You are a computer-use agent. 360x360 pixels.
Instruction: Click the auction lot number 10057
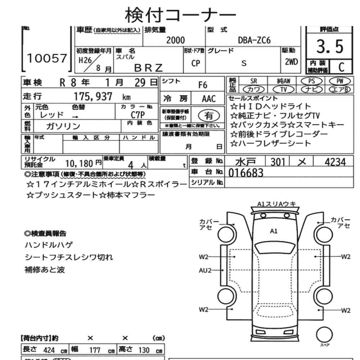(47, 59)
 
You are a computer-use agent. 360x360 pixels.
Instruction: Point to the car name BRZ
(148, 67)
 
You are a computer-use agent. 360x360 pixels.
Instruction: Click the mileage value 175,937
(93, 96)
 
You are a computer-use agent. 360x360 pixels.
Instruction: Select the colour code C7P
(138, 115)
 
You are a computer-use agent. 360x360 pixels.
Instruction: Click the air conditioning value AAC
(209, 99)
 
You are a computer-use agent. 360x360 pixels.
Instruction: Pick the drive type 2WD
(291, 62)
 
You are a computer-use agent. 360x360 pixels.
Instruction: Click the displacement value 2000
(175, 40)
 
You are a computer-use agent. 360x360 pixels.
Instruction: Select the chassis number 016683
(246, 173)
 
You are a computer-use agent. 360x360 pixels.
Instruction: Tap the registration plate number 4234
(335, 162)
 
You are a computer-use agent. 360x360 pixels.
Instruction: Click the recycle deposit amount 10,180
(79, 164)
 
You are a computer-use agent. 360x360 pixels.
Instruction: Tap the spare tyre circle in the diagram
(324, 334)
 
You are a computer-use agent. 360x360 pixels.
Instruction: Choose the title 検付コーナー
(180, 15)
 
